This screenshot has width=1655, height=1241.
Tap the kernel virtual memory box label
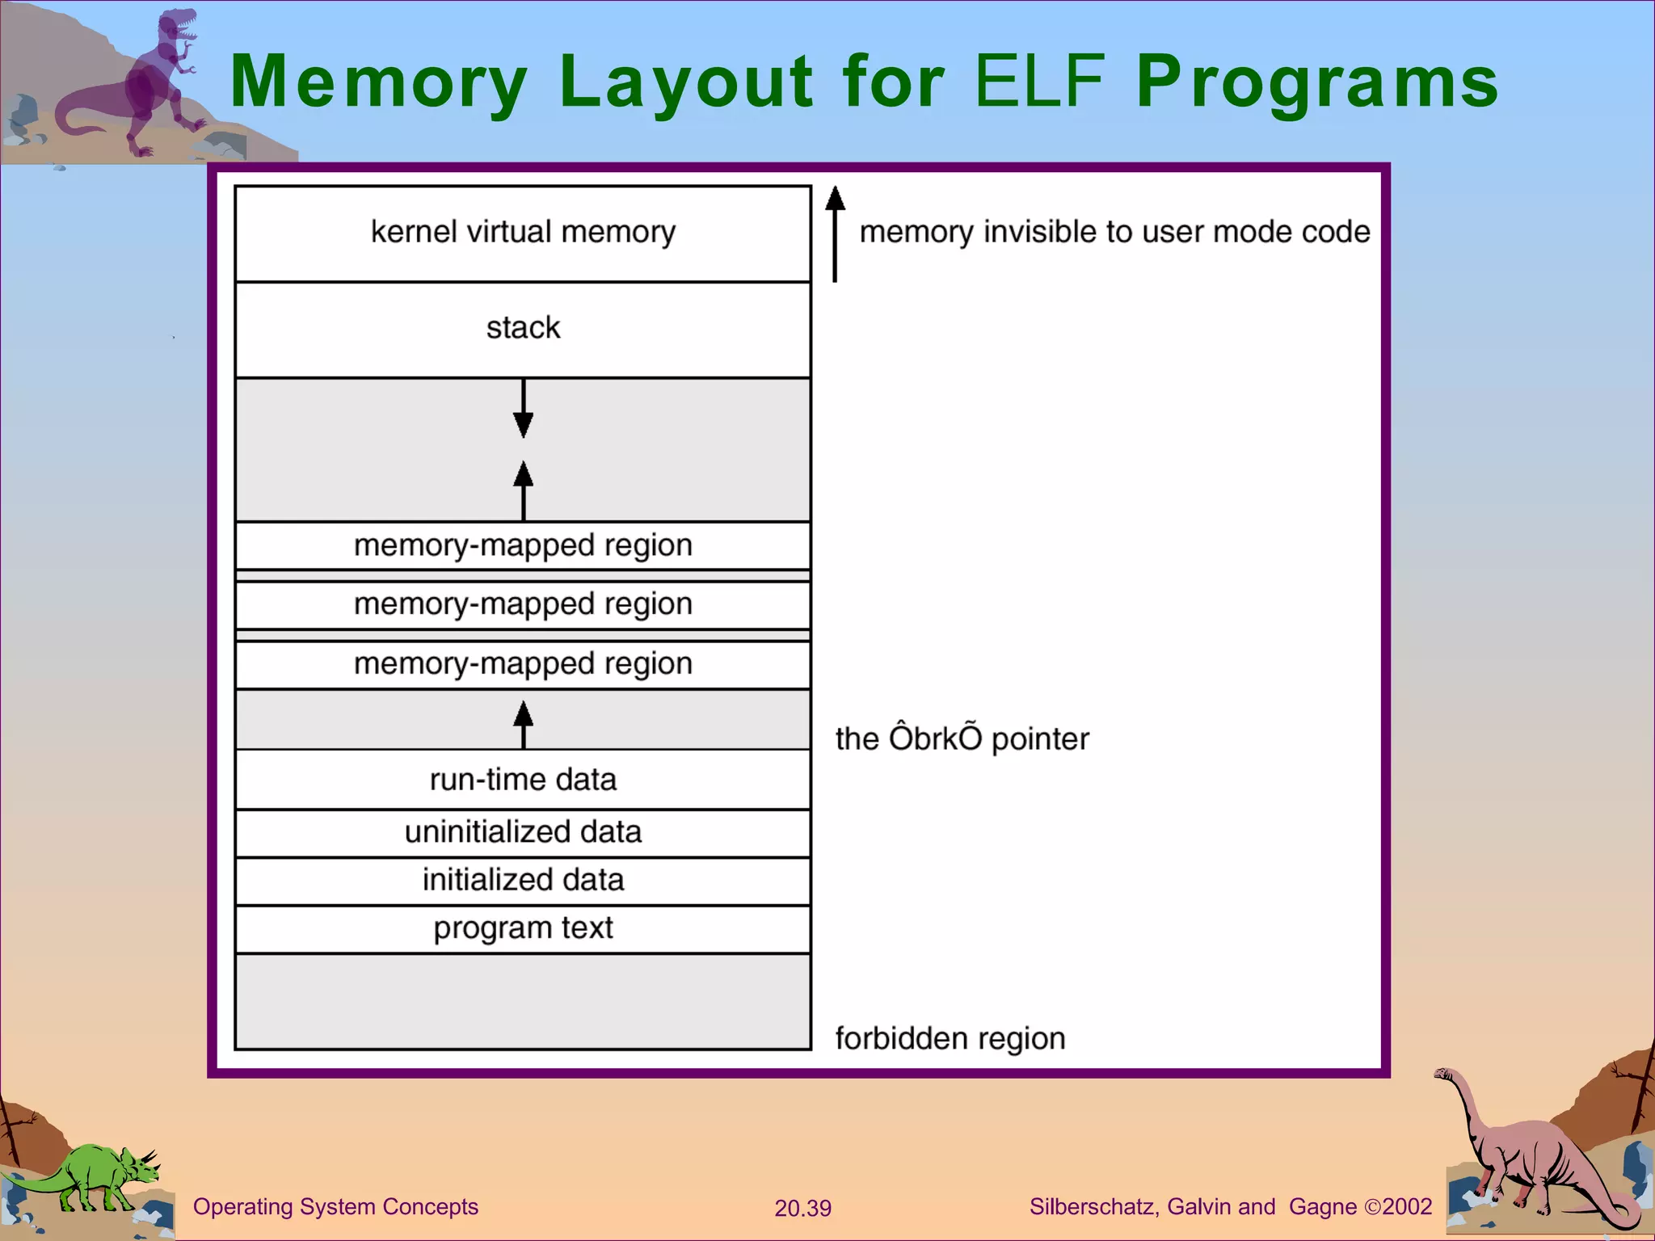(523, 232)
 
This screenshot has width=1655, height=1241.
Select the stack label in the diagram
(523, 328)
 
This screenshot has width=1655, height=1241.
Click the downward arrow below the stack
(523, 409)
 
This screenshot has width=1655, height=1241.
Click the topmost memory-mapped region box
(523, 545)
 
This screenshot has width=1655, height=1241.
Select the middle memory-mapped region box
(523, 604)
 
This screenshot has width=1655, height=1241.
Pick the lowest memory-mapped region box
(523, 664)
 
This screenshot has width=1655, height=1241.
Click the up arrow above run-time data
(523, 723)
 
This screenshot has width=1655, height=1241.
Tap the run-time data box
(523, 780)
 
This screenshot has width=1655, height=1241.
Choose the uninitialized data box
(523, 832)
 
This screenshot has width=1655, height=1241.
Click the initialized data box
(523, 880)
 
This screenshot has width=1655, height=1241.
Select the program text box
(523, 928)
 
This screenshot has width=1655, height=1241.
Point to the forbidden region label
(950, 1038)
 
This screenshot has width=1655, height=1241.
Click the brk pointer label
(962, 738)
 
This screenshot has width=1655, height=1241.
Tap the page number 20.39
(802, 1208)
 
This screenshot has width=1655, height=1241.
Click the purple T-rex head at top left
(178, 28)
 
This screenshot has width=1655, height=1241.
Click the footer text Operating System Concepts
(335, 1207)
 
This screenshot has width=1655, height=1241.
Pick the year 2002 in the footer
(1407, 1207)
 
